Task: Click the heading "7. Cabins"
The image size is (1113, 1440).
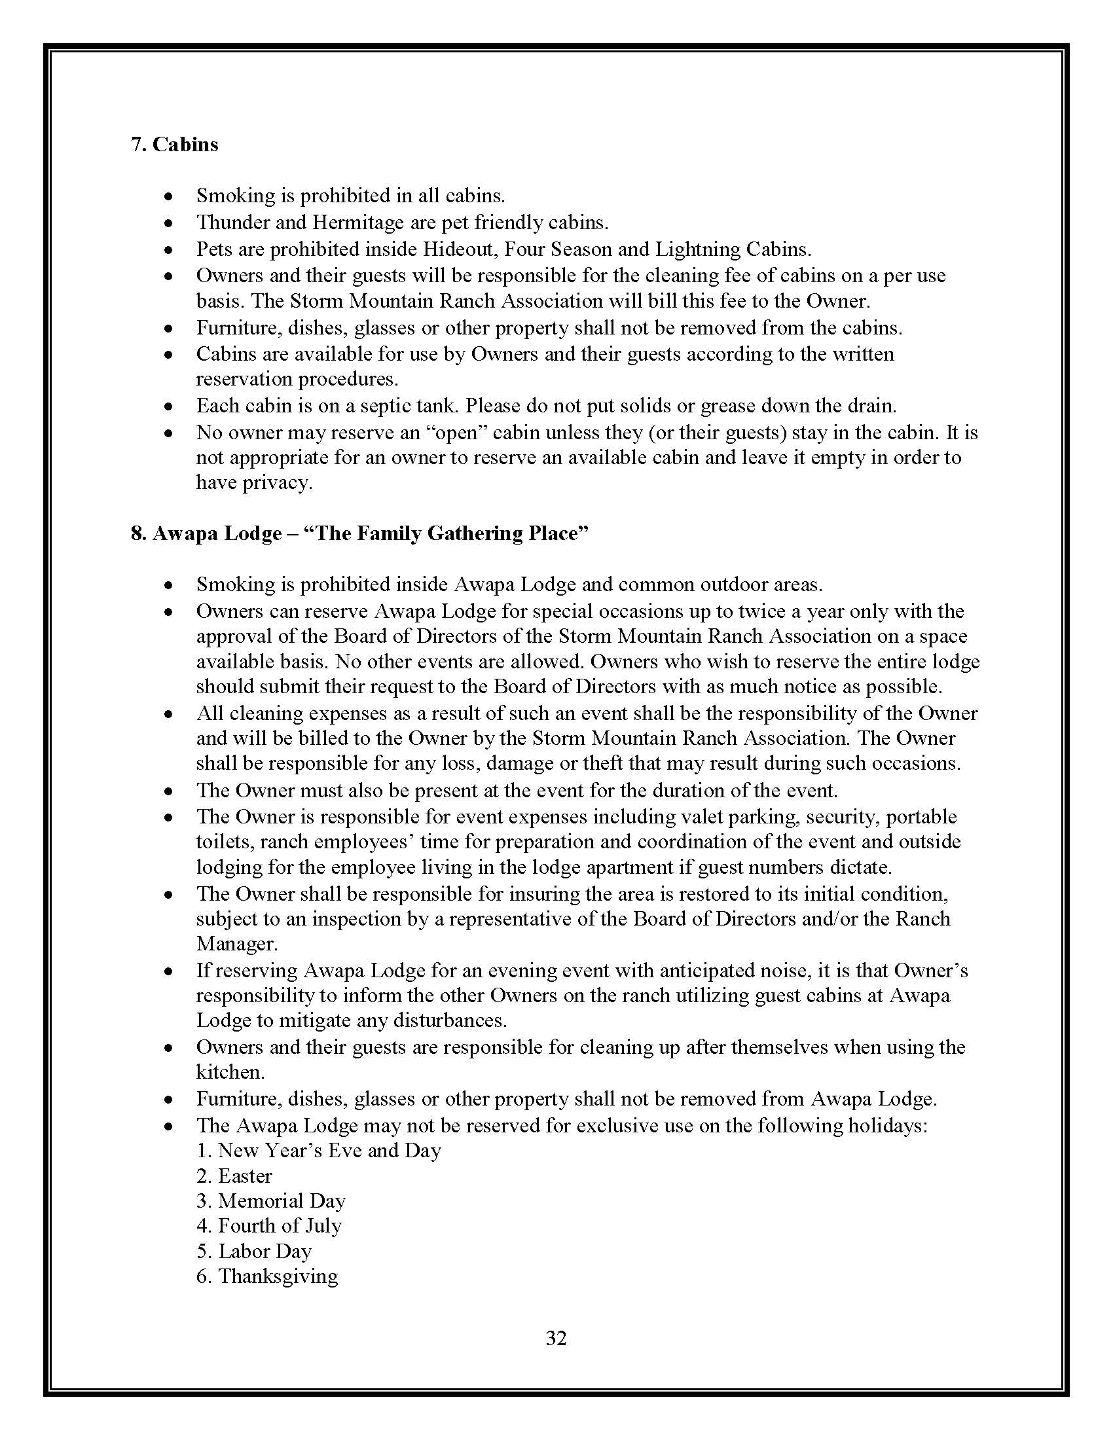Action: coord(174,145)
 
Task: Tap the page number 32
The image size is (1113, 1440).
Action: coord(556,1338)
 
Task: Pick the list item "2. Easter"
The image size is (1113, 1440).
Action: coord(234,1176)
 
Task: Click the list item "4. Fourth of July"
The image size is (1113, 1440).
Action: coord(269,1227)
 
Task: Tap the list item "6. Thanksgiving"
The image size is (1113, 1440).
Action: coord(267,1276)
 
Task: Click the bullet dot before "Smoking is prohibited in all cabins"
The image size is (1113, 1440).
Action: coord(170,197)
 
